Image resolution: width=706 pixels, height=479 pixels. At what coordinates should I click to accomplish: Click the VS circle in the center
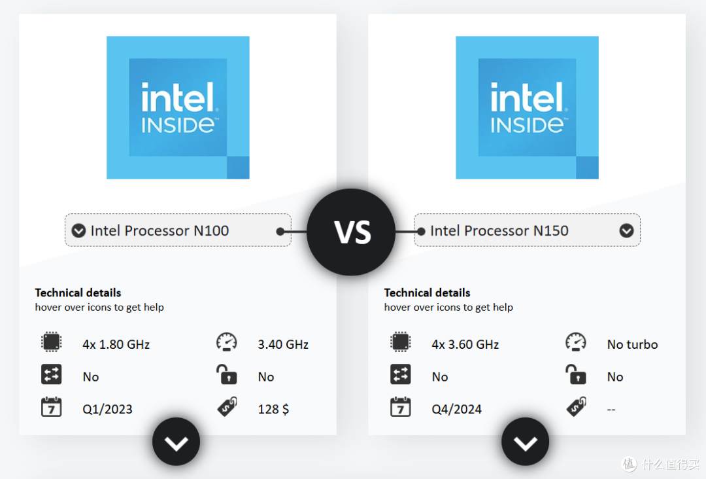pos(351,232)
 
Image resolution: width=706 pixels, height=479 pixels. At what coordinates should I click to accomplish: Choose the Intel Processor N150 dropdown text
pos(499,231)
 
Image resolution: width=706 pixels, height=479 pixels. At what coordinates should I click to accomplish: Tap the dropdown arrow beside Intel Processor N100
pos(79,231)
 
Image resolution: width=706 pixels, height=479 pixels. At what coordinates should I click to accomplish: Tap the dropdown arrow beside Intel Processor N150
pos(626,231)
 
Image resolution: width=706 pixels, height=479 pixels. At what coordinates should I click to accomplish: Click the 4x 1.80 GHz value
pos(116,345)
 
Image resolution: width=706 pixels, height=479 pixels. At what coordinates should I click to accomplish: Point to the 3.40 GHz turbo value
pos(283,345)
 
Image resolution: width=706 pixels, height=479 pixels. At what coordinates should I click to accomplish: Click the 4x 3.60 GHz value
pos(465,345)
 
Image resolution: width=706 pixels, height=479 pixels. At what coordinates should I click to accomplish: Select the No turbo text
pos(632,345)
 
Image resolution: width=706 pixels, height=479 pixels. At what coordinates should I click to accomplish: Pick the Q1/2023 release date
pos(108,409)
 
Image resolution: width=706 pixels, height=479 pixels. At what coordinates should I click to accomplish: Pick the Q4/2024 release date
pos(456,409)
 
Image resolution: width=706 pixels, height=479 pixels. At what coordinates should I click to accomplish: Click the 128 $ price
pos(273,409)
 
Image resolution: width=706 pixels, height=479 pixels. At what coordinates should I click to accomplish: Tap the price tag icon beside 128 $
pos(227,407)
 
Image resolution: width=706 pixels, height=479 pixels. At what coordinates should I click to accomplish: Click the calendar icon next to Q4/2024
pos(400,407)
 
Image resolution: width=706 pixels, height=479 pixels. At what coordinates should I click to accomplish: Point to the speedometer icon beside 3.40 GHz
pos(226,342)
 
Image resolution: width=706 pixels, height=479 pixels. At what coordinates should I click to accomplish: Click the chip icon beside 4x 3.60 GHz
pos(400,342)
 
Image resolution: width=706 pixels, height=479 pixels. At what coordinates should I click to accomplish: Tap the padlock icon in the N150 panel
pos(575,374)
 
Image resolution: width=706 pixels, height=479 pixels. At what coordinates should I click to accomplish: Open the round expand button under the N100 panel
pos(176,442)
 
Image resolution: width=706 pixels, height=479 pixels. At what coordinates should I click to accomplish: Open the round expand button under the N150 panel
pos(526,442)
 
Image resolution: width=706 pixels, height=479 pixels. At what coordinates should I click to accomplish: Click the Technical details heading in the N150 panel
pos(427,293)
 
